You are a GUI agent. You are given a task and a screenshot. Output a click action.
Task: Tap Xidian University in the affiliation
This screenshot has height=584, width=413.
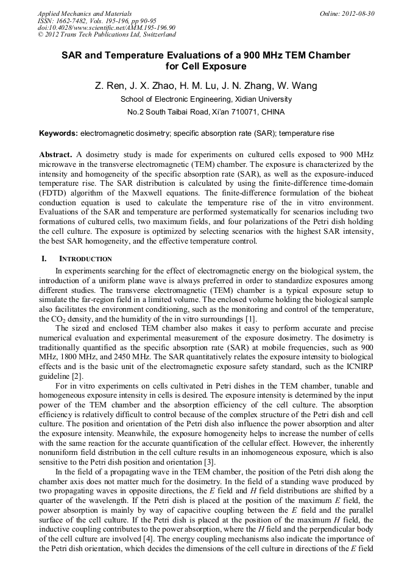point(263,99)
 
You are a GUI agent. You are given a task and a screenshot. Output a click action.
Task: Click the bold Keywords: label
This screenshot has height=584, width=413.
point(58,133)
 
